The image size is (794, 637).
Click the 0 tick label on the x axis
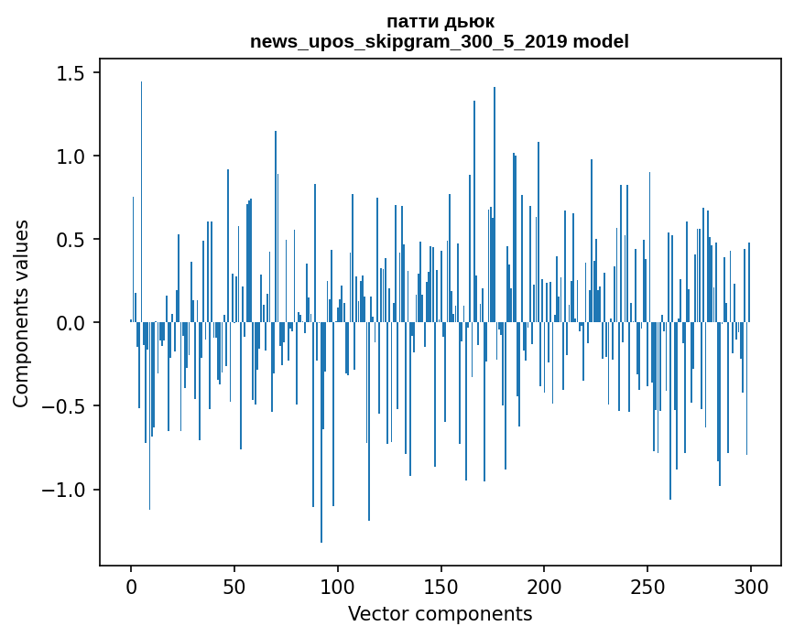pyautogui.click(x=131, y=586)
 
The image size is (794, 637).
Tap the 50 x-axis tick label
pyautogui.click(x=234, y=586)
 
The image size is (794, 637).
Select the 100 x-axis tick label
pyautogui.click(x=338, y=586)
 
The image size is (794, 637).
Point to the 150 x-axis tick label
pyautogui.click(x=441, y=586)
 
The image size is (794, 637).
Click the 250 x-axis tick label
pyautogui.click(x=647, y=586)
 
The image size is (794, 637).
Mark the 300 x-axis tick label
pyautogui.click(x=751, y=586)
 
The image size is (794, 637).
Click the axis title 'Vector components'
pyautogui.click(x=440, y=613)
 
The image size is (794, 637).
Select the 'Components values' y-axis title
pyautogui.click(x=21, y=313)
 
